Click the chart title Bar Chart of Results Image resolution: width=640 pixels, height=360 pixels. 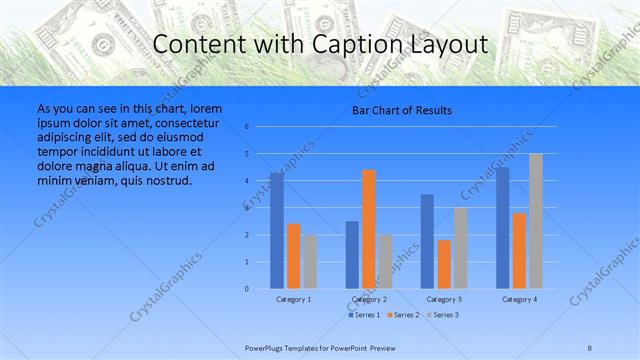point(402,110)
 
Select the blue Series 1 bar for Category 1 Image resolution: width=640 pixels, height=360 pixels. point(277,231)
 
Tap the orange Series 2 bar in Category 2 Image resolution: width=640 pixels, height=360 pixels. point(369,229)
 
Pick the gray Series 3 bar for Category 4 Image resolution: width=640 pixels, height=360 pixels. point(536,221)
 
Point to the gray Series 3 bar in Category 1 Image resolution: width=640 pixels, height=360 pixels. point(310,262)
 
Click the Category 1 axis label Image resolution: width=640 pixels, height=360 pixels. point(293,299)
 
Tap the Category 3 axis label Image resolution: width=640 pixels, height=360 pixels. point(444,299)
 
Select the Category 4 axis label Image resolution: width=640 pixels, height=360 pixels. point(519,299)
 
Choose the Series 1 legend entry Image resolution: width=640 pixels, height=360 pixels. point(362,315)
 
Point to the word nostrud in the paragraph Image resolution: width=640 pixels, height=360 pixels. point(168,180)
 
